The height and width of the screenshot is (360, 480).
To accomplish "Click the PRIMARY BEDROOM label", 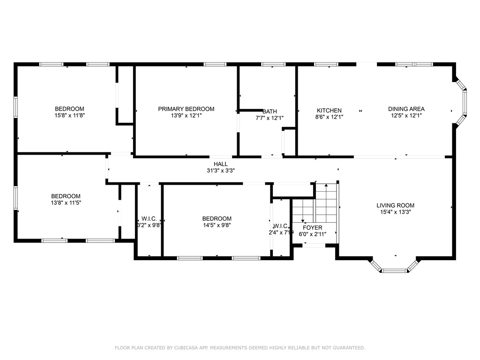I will click(186, 109).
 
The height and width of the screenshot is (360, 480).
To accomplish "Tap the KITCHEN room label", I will click(329, 111).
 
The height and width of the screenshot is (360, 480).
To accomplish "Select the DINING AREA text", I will click(406, 109).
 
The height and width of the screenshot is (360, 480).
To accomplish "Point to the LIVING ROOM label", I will click(395, 205).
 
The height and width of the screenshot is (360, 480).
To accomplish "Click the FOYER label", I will click(313, 227).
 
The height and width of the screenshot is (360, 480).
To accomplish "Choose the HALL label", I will click(220, 164).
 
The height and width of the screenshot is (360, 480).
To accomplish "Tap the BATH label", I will click(270, 112).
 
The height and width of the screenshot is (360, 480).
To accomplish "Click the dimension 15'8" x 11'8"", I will click(69, 115).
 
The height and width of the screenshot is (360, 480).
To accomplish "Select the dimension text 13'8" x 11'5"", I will click(66, 202).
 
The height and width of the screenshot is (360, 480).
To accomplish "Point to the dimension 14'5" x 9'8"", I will click(217, 225).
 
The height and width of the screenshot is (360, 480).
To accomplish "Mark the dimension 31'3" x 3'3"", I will click(220, 171).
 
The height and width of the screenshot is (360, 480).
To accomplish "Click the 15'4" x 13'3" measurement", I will click(395, 212).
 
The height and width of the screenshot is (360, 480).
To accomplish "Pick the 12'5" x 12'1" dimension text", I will click(406, 116).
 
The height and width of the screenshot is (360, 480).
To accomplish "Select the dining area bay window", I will click(462, 102).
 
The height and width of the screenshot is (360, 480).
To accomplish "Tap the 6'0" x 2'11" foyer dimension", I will click(313, 234).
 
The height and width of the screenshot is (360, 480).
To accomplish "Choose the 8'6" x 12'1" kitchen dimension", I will click(329, 117).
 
